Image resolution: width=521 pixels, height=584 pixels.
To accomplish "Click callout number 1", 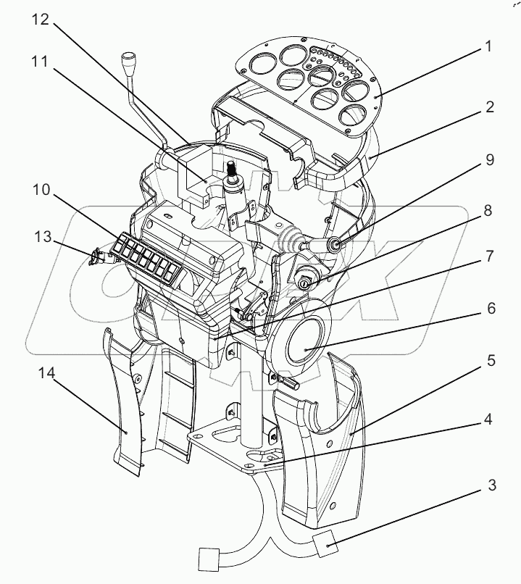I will click(490, 47).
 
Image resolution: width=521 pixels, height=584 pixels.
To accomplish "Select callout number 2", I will click(490, 109).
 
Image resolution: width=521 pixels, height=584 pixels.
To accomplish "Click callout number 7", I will click(490, 257).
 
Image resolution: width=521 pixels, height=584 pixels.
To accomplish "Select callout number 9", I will click(490, 159).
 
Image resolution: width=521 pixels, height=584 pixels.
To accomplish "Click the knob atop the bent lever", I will click(130, 58).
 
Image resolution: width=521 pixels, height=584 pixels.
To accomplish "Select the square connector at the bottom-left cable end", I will click(209, 559).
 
